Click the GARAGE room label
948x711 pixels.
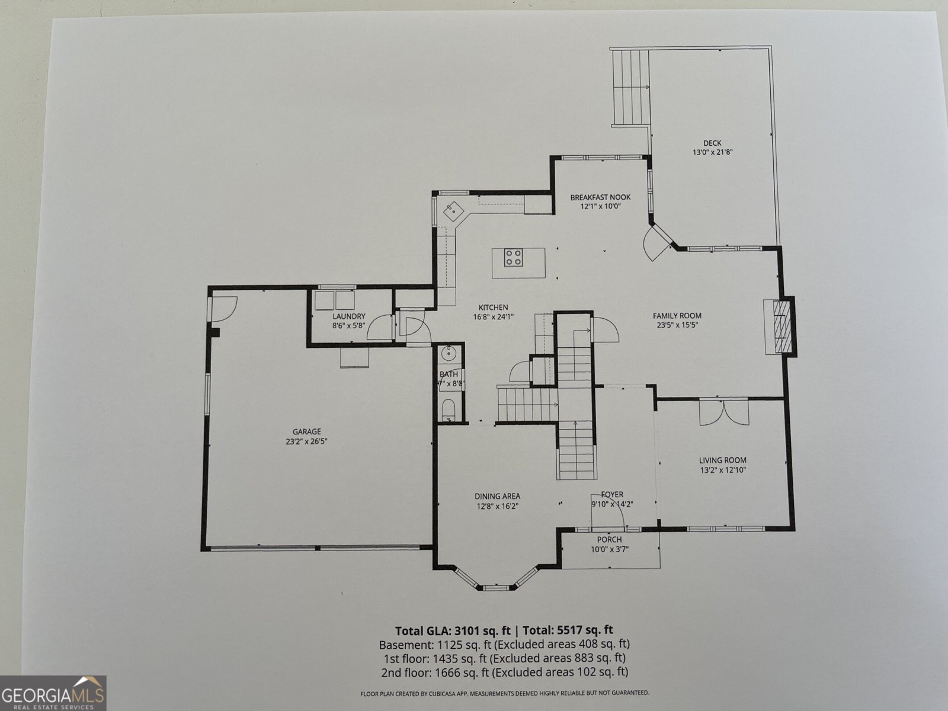point(306,432)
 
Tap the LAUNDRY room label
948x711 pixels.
point(348,316)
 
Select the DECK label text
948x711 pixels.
point(712,143)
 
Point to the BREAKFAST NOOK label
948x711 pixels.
point(600,197)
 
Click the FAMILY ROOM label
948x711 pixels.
point(677,316)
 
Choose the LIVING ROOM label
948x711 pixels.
point(722,460)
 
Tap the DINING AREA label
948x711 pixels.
point(497,497)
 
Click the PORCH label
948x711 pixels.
point(609,540)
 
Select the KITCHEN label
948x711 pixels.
point(493,308)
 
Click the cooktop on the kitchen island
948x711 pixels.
point(513,257)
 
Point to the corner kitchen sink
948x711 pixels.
point(453,209)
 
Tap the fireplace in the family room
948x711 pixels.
point(782,326)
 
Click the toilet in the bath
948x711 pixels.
point(449,409)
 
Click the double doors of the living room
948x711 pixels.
point(724,412)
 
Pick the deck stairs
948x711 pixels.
point(630,88)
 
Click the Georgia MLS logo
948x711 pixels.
point(53,693)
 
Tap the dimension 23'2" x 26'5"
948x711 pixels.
point(306,441)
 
